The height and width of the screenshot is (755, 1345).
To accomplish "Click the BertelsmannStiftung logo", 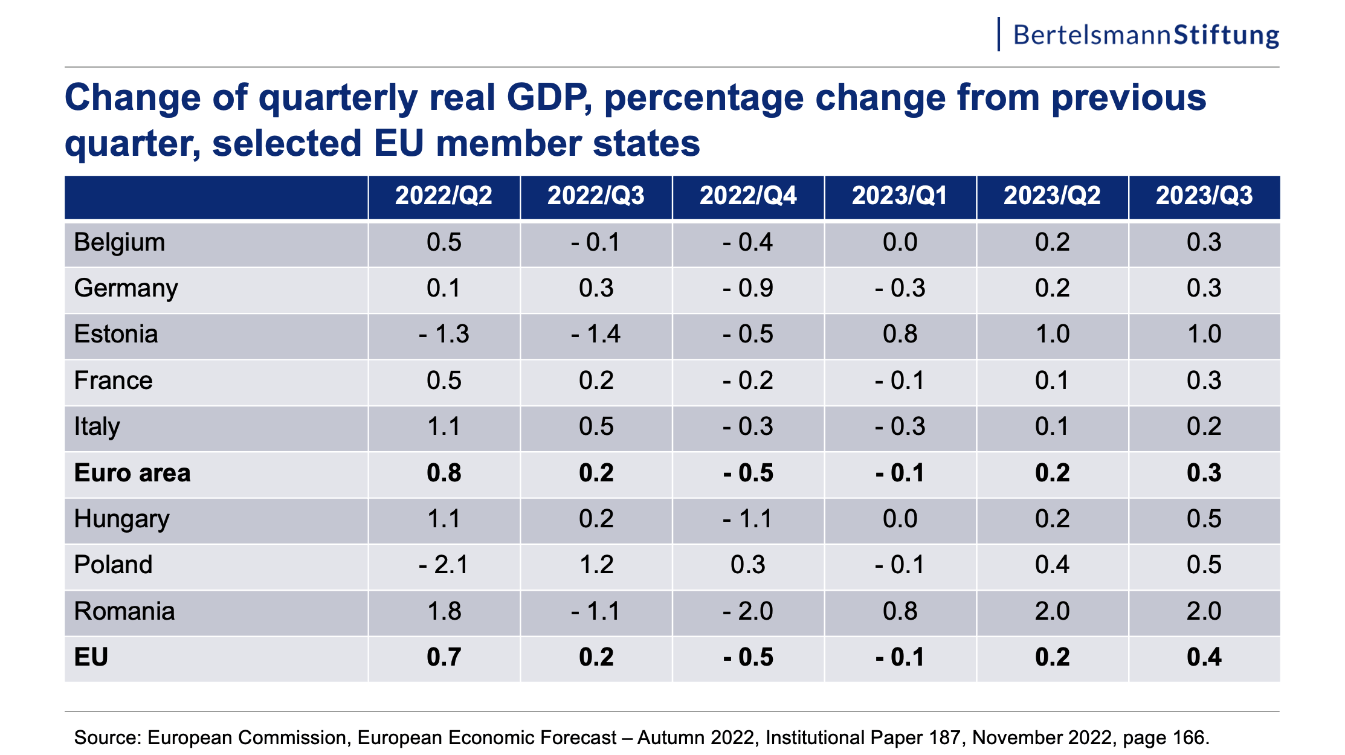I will coord(1145,35).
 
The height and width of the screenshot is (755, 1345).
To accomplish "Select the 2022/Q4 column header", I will coord(748,196).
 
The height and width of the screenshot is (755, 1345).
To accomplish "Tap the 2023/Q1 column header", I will coord(900,196).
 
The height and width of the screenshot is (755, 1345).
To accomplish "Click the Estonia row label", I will coord(116,334).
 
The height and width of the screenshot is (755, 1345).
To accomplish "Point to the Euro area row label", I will coord(132,473).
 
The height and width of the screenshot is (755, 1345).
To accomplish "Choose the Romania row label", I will coord(124,611).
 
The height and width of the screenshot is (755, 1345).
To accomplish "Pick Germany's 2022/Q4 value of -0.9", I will coord(748,288).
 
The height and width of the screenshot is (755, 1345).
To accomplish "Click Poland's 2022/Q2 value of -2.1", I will coord(443,565).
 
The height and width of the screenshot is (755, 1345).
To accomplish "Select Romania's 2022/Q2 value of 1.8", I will coord(444,611).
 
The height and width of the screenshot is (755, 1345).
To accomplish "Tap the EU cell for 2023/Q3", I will coord(1204,657).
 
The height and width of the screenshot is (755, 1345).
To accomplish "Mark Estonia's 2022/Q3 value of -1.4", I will coord(596,334).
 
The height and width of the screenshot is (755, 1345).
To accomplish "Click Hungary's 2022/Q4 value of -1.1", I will coord(748,519).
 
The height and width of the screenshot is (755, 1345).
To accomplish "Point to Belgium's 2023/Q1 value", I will coord(900,242).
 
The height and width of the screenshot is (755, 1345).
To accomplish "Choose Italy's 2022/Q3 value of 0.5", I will coord(596,426).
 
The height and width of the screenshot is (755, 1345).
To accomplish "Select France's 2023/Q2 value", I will coord(1052,381).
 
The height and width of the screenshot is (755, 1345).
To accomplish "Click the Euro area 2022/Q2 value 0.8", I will coord(444,473).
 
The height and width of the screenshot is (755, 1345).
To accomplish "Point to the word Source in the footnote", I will coord(107,737).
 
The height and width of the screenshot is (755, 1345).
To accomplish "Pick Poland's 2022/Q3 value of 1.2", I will coord(596,565).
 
